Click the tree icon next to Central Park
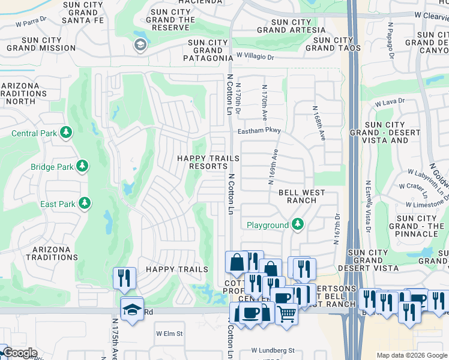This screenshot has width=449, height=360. [x=66, y=133]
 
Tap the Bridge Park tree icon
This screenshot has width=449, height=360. [x=82, y=166]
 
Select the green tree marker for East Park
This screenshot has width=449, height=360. [x=85, y=203]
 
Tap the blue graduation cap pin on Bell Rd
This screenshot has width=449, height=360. [x=131, y=308]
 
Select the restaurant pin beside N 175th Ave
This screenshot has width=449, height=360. [x=124, y=277]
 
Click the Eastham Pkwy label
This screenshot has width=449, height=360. [x=259, y=130]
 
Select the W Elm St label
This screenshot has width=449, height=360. [x=169, y=333]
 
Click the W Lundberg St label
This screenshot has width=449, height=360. [x=273, y=350]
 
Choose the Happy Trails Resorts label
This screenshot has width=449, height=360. [x=208, y=162]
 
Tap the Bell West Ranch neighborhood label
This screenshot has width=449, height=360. [x=301, y=196]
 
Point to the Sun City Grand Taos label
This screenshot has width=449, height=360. [x=333, y=44]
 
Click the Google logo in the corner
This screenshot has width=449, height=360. [x=19, y=353]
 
